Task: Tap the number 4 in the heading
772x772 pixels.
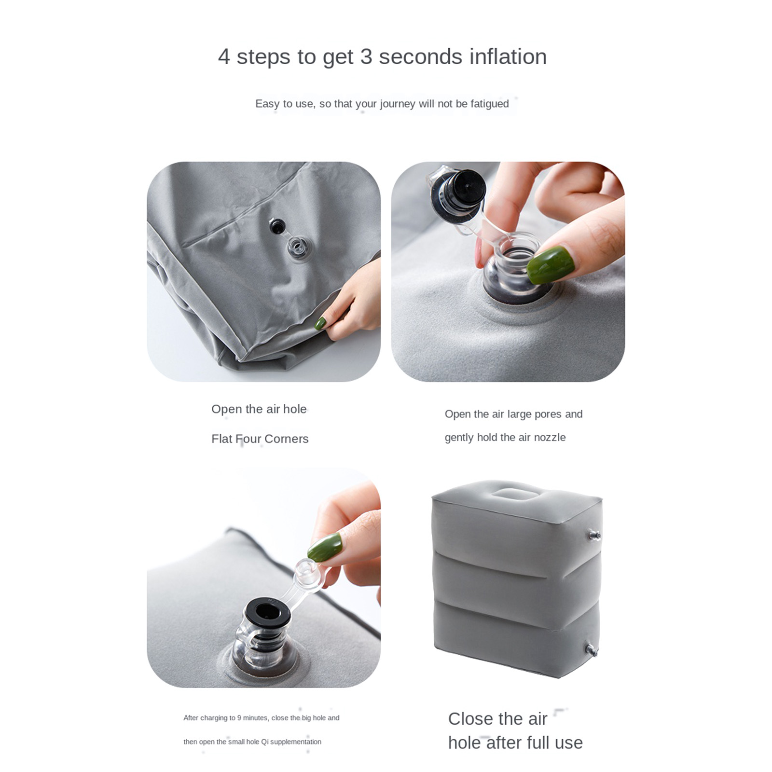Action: click(224, 57)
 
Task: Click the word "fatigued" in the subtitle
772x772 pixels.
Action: click(490, 104)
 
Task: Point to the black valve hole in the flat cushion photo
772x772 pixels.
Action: click(277, 226)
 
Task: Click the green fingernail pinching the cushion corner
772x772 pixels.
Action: click(320, 323)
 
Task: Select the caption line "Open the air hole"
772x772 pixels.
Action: click(259, 409)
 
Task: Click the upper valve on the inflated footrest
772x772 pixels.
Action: click(594, 535)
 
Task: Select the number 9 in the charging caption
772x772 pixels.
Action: click(239, 718)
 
